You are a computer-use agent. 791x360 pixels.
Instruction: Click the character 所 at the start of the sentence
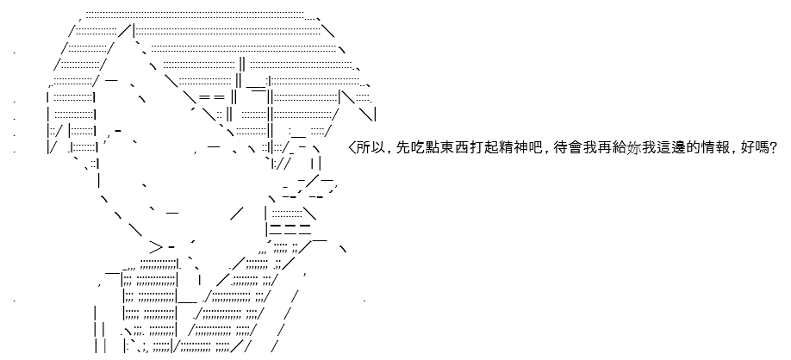(x=364, y=148)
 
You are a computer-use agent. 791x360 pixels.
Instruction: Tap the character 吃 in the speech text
(x=417, y=148)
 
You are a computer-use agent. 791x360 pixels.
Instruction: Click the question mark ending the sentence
(x=771, y=148)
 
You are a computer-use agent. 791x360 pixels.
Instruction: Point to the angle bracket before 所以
(x=352, y=148)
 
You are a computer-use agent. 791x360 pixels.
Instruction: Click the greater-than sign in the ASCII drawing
(x=156, y=247)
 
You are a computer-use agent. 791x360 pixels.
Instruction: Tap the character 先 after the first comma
(x=403, y=148)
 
